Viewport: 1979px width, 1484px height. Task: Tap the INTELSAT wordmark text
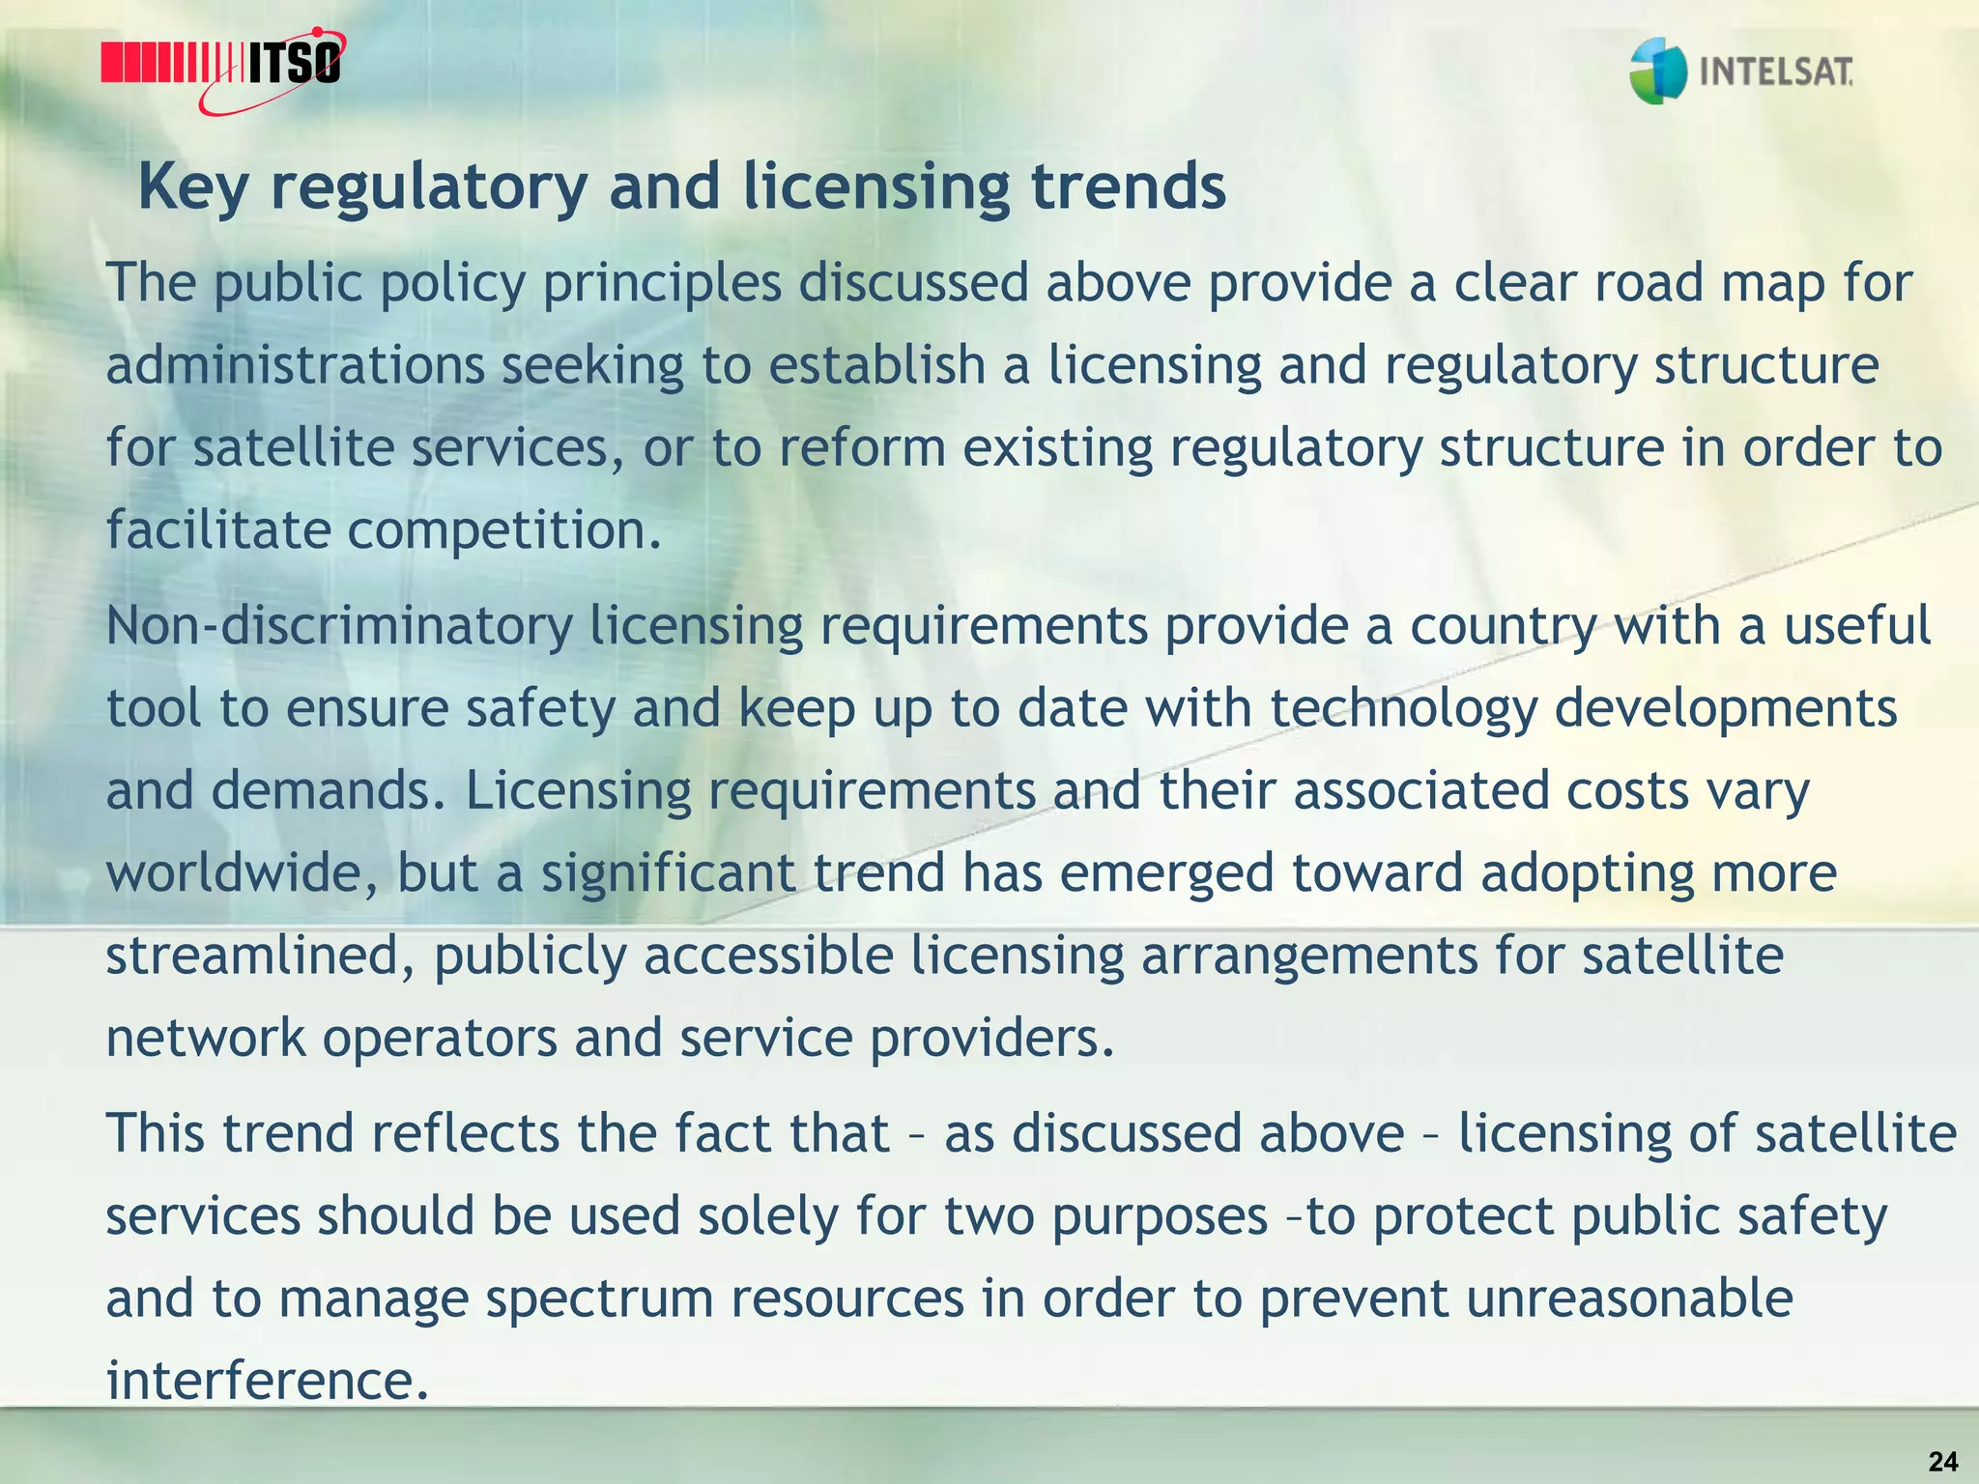(x=1775, y=71)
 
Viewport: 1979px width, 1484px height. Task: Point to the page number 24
(x=1943, y=1462)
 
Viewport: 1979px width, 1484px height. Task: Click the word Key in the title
(x=193, y=186)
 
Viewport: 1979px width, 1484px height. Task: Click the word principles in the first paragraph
(x=662, y=283)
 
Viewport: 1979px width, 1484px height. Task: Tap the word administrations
(x=295, y=365)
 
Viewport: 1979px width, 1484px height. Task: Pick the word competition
(x=503, y=530)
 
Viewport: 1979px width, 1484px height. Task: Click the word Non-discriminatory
(x=339, y=625)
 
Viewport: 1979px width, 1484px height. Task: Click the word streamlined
(x=261, y=956)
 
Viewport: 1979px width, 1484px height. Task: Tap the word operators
(x=440, y=1038)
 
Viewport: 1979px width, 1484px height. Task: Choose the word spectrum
(x=598, y=1298)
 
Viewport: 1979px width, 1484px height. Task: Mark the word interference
(x=266, y=1380)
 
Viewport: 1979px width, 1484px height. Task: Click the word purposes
(x=1160, y=1216)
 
